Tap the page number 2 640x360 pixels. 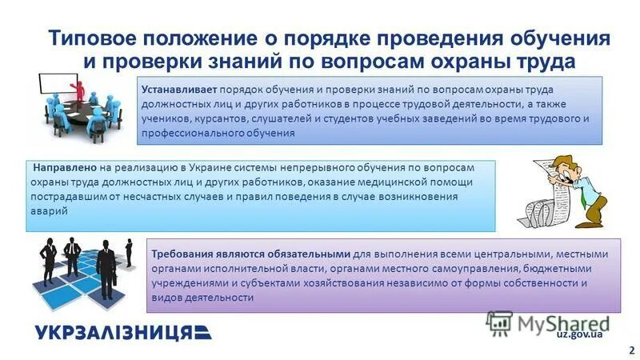pos(632,349)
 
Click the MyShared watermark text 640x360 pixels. pos(564,322)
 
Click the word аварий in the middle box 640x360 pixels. pos(51,212)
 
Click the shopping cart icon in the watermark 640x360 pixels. pos(499,322)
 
